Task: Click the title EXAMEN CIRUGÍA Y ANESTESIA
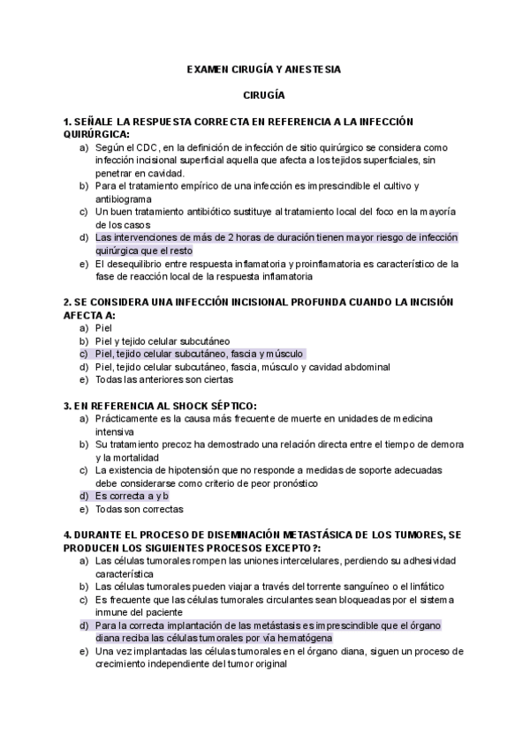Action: (264, 68)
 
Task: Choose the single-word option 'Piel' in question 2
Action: (103, 327)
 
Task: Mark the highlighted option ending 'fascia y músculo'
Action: (199, 354)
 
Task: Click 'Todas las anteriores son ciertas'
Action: (164, 379)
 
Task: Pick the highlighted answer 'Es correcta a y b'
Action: (132, 497)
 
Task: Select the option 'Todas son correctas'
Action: (140, 509)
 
